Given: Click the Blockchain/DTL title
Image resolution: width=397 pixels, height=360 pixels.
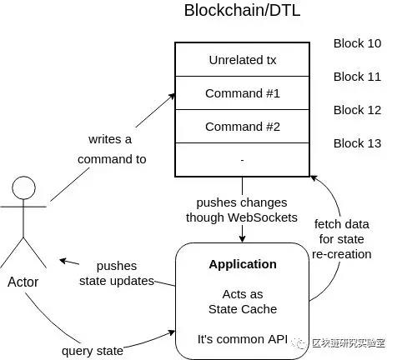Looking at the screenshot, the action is click(242, 10).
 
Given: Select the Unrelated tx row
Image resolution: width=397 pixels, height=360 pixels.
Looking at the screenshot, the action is click(242, 60).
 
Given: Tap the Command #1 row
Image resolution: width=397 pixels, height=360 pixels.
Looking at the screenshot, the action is click(242, 93).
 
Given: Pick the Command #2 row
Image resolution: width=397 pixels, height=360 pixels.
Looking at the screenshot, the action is click(242, 127).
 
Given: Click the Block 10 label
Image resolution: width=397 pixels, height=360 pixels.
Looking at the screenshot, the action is click(357, 43).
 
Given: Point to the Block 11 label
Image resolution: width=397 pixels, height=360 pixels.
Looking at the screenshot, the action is click(357, 77).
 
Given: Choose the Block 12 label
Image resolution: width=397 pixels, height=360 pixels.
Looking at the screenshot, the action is click(357, 110).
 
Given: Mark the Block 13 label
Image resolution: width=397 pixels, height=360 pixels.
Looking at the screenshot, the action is click(357, 143).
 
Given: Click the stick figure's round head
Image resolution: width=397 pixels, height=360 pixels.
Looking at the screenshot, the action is click(23, 176).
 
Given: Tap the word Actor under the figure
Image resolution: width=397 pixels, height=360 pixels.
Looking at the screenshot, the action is click(23, 282).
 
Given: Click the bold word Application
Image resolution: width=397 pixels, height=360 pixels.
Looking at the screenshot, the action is click(243, 264).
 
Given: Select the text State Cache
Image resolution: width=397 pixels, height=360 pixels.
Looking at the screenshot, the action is click(243, 309).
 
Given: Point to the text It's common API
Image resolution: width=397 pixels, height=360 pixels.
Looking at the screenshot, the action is click(243, 339).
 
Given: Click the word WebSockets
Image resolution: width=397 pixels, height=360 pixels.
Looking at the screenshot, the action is click(263, 217).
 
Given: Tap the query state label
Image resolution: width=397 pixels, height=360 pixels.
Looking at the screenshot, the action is click(93, 351).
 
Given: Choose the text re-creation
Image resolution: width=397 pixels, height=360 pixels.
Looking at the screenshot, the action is click(342, 254).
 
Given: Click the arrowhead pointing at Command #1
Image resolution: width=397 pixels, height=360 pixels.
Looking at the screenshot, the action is click(173, 97).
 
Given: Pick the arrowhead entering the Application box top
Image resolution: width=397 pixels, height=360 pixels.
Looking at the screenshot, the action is click(243, 238).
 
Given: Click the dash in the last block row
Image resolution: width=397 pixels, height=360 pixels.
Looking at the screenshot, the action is click(242, 160).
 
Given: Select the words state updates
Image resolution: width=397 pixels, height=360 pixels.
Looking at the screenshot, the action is click(117, 281).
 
